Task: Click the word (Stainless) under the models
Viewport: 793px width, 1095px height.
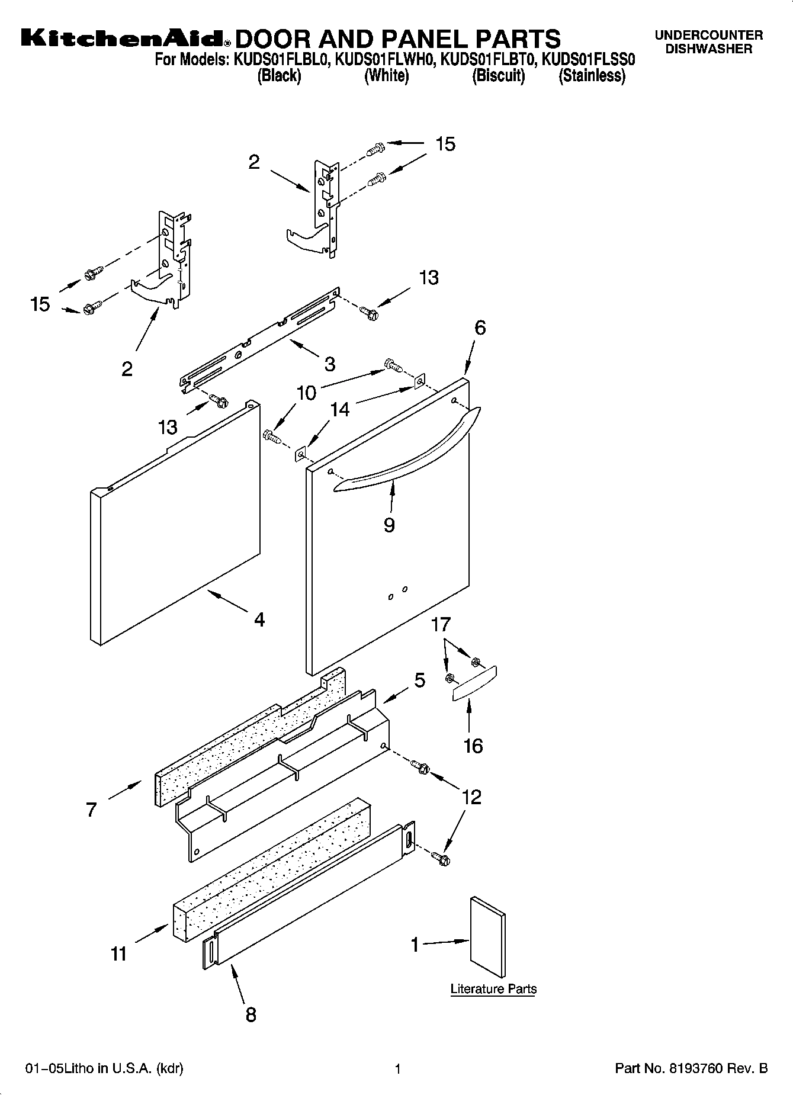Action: click(592, 76)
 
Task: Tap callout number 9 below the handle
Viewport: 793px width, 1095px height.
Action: click(389, 525)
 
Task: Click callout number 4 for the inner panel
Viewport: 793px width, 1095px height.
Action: click(259, 620)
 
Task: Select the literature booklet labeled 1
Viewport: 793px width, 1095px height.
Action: click(487, 937)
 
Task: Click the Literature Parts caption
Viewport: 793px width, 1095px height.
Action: click(493, 989)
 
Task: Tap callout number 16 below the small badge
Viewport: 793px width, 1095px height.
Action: click(473, 746)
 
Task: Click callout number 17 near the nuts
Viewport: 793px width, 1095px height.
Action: click(441, 624)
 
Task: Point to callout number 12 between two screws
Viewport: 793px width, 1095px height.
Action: click(471, 797)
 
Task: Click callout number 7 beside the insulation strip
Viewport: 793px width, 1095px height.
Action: click(91, 810)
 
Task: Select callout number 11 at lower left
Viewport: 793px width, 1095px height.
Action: click(119, 954)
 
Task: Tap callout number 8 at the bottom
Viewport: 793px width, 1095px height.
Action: click(251, 1014)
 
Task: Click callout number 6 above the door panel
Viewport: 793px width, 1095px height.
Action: click(480, 327)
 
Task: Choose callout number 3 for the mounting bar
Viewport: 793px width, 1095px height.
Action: click(329, 363)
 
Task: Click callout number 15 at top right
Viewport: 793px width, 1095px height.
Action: click(445, 144)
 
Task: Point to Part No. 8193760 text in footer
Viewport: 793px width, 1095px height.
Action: click(691, 1068)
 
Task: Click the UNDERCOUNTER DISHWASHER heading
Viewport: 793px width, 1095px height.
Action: click(708, 42)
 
